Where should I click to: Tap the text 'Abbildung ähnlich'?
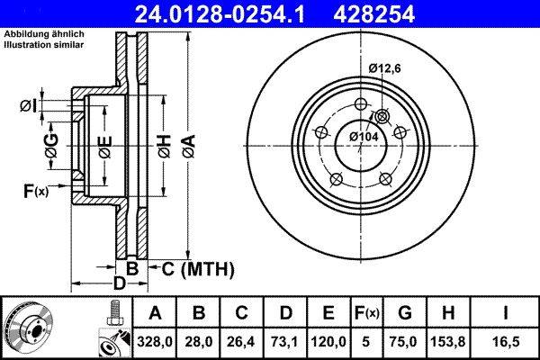(x=44, y=34)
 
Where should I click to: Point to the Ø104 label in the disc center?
(x=363, y=135)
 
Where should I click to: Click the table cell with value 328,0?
(x=154, y=342)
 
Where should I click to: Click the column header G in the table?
(x=404, y=314)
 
